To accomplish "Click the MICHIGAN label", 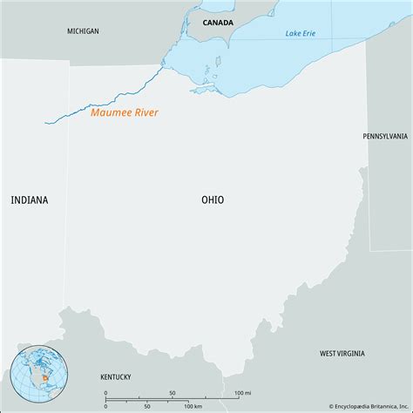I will pos(83,31).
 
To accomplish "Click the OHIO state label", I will pos(212,200).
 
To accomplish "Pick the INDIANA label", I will pos(30,200).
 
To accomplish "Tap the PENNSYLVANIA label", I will pos(385,137).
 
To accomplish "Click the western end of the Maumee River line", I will pos(46,123).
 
